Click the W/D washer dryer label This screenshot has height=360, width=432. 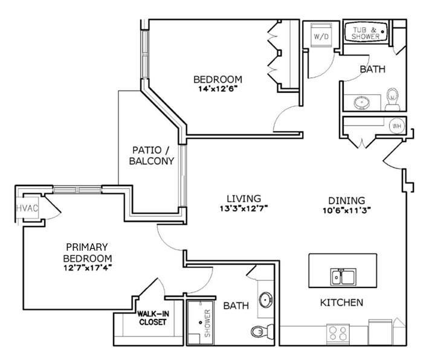click(321, 36)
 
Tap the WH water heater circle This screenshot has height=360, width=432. click(397, 126)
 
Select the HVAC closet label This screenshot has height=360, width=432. click(27, 208)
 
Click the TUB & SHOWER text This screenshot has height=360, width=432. click(366, 33)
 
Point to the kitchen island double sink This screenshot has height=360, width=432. click(343, 277)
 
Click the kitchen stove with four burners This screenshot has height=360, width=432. click(338, 333)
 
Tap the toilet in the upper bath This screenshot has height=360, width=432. click(392, 99)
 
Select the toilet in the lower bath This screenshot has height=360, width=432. click(262, 331)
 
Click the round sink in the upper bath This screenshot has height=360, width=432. click(361, 103)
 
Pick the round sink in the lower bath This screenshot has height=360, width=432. click(266, 300)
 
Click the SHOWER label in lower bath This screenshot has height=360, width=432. click(207, 323)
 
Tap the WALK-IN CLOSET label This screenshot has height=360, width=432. click(153, 318)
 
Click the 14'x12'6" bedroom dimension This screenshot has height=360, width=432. click(218, 89)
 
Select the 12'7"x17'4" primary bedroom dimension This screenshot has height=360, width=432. click(88, 268)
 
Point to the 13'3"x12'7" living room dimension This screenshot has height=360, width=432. click(243, 208)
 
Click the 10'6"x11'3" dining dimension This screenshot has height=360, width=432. click(347, 210)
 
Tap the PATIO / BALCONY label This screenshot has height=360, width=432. click(152, 155)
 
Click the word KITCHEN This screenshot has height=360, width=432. click(341, 303)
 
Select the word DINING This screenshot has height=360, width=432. click(347, 201)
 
